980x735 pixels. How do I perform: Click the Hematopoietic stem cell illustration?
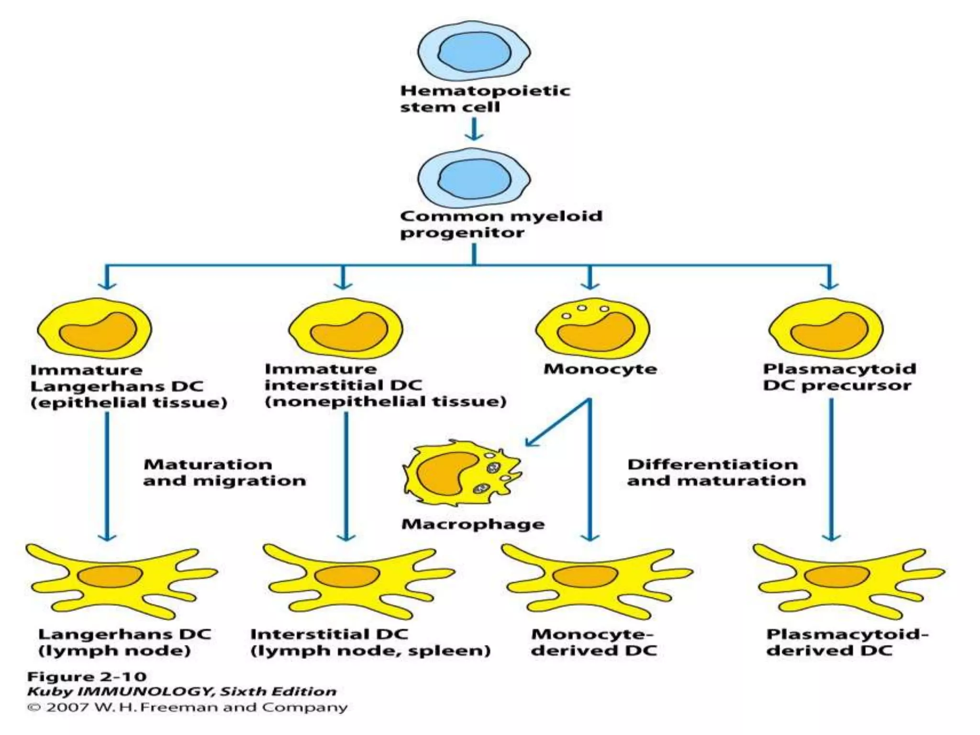[x=474, y=51]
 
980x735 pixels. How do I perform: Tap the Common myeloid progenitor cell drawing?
[x=474, y=178]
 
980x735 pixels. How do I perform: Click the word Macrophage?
[x=473, y=524]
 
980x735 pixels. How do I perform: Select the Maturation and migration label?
[x=224, y=472]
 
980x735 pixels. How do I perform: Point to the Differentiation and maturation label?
[x=716, y=472]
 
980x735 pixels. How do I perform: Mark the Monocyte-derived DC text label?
[x=593, y=642]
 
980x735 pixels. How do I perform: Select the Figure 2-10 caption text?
[x=87, y=677]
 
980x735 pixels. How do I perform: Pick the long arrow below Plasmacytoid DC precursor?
[x=831, y=469]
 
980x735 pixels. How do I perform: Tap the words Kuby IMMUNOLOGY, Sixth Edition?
[x=182, y=691]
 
